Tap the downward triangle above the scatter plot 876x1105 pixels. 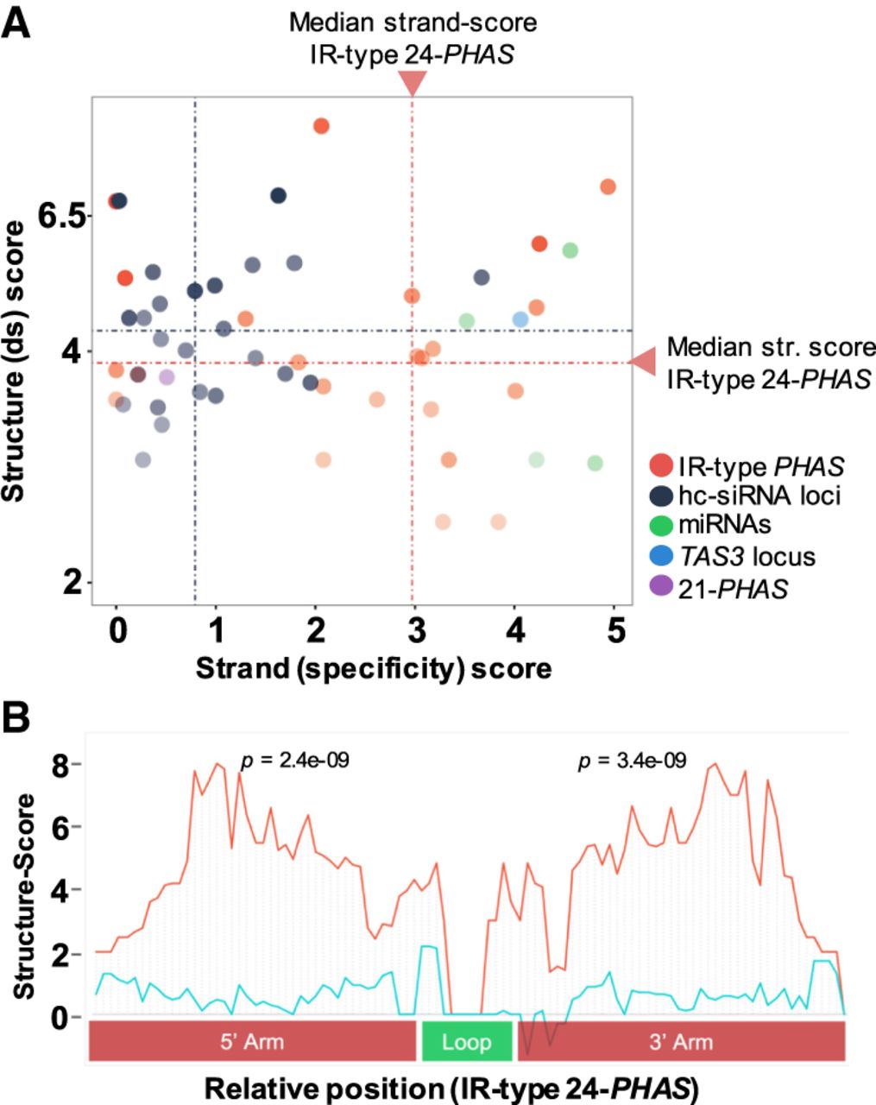(413, 83)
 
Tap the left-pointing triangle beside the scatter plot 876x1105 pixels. (642, 362)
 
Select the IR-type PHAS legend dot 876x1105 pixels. (662, 466)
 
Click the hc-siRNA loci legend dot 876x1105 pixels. (662, 496)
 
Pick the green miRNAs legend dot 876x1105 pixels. (662, 525)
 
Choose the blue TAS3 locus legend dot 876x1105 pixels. (662, 555)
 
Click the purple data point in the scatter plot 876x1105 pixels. (167, 377)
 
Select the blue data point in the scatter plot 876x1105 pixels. (520, 319)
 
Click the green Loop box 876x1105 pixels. (466, 1041)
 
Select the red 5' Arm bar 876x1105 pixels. (252, 1041)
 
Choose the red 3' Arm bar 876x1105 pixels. (680, 1041)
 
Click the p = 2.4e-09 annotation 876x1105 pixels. (294, 761)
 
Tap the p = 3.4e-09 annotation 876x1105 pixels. (632, 761)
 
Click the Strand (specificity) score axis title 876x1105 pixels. (373, 667)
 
